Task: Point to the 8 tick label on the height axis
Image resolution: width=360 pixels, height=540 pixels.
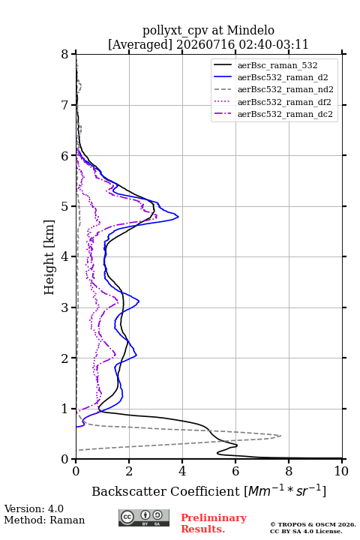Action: (65, 54)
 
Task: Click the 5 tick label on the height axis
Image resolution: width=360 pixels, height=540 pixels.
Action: (65, 206)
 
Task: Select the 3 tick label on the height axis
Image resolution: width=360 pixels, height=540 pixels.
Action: (65, 307)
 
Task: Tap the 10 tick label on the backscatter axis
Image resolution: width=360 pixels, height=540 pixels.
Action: (341, 471)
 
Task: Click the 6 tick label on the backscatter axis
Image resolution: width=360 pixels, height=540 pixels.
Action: (235, 471)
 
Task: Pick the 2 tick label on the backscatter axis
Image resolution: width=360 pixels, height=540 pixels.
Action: (129, 471)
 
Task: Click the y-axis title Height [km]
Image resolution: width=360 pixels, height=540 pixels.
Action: (49, 257)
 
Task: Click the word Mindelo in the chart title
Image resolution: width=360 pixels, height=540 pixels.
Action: (250, 30)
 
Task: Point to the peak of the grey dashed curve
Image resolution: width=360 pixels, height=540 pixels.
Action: (280, 436)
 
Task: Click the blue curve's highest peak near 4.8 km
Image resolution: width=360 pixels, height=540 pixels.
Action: (178, 217)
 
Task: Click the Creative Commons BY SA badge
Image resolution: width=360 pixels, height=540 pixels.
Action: (144, 517)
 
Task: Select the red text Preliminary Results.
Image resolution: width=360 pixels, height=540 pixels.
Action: (214, 523)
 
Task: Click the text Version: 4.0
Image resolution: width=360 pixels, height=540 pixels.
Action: (34, 508)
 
